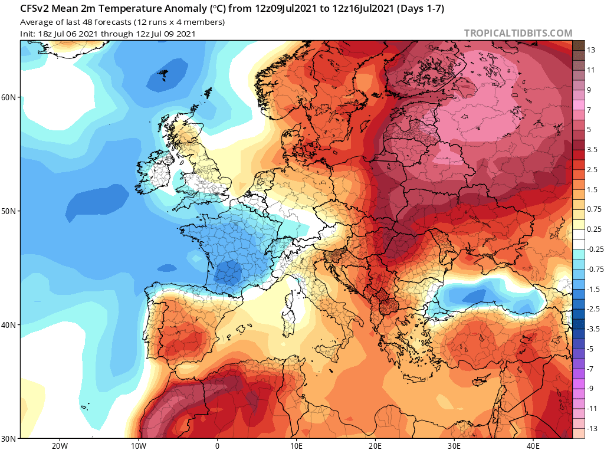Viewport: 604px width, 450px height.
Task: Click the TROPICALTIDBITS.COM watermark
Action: click(518, 34)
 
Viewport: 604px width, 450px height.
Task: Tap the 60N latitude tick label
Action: click(9, 97)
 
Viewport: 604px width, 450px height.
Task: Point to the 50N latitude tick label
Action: click(9, 211)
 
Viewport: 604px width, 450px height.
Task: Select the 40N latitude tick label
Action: click(9, 325)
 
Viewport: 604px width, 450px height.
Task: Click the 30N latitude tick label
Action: click(9, 438)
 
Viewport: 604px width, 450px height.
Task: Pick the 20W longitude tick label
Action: click(59, 445)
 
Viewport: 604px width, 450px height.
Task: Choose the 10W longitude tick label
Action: click(138, 445)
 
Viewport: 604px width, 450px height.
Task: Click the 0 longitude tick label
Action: click(217, 445)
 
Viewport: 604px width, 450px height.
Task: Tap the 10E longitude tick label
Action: click(296, 445)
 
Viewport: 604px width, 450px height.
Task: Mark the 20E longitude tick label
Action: click(375, 445)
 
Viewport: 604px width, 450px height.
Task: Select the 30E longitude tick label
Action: click(454, 445)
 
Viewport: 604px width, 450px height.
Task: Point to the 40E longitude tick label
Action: click(533, 445)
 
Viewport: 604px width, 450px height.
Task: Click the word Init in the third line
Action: click(27, 34)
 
